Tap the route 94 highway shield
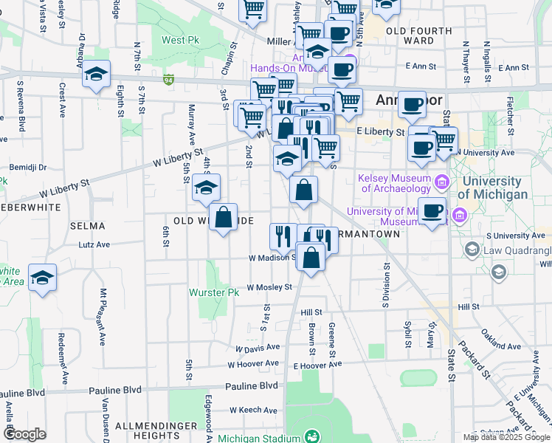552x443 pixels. pos(169,79)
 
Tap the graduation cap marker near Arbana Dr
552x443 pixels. pos(96,74)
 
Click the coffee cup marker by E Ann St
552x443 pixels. pos(341,70)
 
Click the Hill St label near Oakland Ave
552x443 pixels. pos(469,306)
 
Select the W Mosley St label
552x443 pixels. pos(269,287)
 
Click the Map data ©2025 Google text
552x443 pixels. pos(506,437)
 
